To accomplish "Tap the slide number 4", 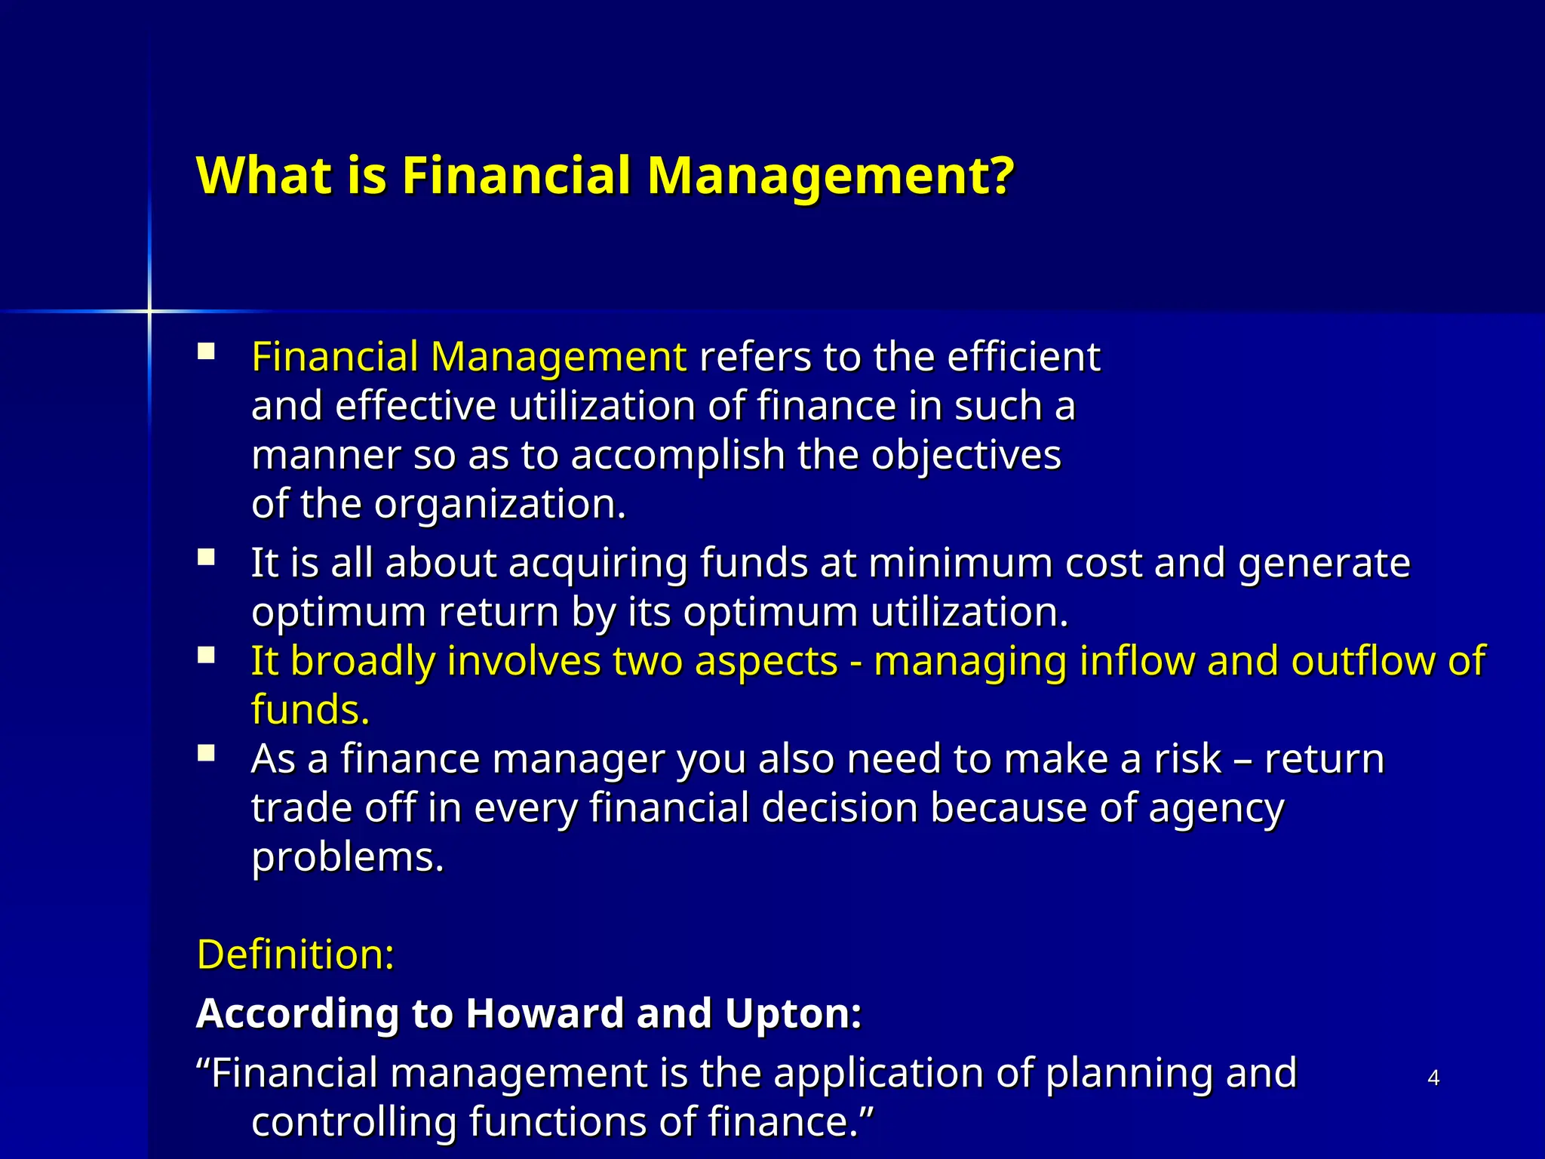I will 1433,1078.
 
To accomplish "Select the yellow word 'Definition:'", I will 295,955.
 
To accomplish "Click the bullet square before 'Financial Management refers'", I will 206,352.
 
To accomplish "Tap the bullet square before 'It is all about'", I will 206,558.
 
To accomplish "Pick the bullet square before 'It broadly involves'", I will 206,655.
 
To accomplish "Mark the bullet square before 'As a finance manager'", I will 206,753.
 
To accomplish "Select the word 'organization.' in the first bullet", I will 500,504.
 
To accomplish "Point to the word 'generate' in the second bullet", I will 1324,564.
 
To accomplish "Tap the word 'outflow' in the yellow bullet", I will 1362,661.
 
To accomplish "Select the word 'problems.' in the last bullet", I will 348,858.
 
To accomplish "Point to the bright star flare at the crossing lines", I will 149,311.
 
